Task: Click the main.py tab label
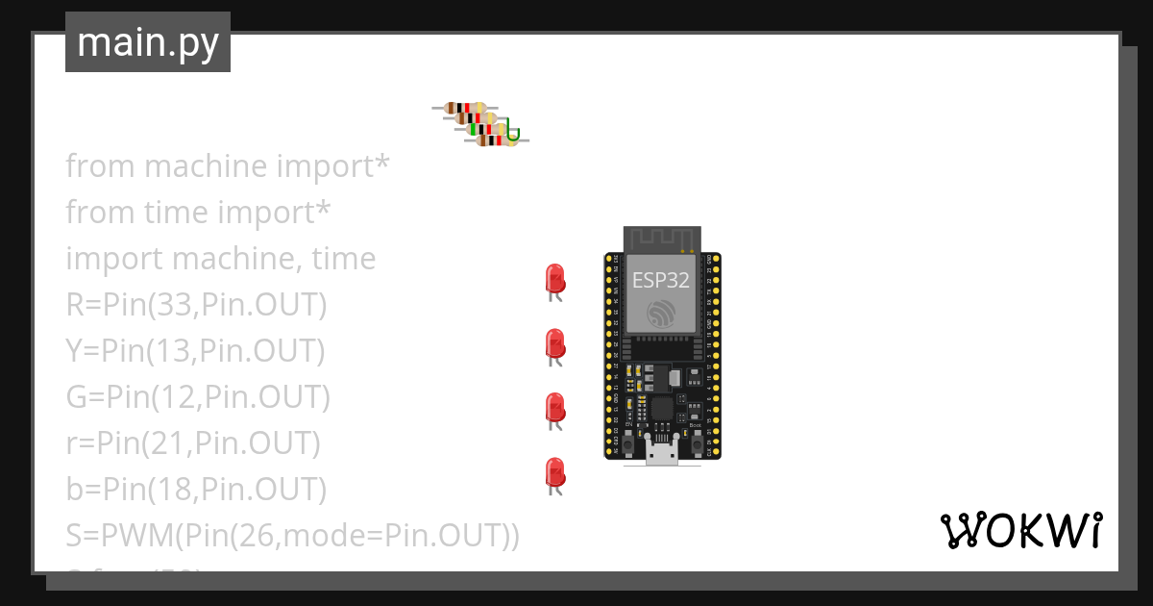pos(148,42)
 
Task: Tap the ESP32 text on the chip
pos(661,280)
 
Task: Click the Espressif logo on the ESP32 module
pos(661,314)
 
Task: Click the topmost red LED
pos(554,279)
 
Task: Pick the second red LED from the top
pos(554,343)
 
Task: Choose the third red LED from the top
pos(554,407)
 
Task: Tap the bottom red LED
pos(554,472)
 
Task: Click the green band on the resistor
pos(474,129)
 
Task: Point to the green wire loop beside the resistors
pos(513,134)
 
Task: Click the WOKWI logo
pos(1020,531)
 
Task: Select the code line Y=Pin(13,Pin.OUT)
pos(195,351)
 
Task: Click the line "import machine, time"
pos(220,259)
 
